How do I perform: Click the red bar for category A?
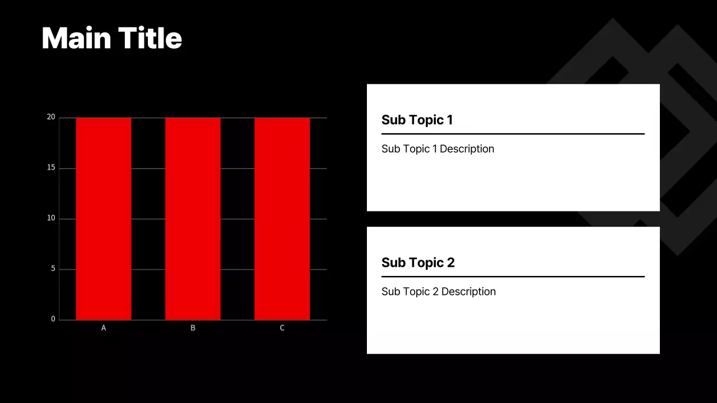(x=104, y=218)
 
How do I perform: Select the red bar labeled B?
(x=193, y=218)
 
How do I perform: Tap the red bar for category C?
(x=282, y=218)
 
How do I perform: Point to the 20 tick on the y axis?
(x=51, y=117)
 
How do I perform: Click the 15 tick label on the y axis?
(x=51, y=168)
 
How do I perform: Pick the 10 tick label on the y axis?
(x=51, y=218)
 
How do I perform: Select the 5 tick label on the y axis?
(x=53, y=269)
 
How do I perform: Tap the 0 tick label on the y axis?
(x=53, y=319)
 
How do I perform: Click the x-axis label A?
(x=104, y=328)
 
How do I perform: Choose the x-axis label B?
(x=193, y=328)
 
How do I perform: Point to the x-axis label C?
(x=282, y=328)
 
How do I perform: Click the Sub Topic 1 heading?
(x=417, y=120)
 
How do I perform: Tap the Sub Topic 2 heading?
(x=418, y=263)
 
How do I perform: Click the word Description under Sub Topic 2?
(x=468, y=292)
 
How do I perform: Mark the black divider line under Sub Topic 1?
(x=513, y=134)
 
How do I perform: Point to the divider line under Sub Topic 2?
(x=513, y=277)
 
